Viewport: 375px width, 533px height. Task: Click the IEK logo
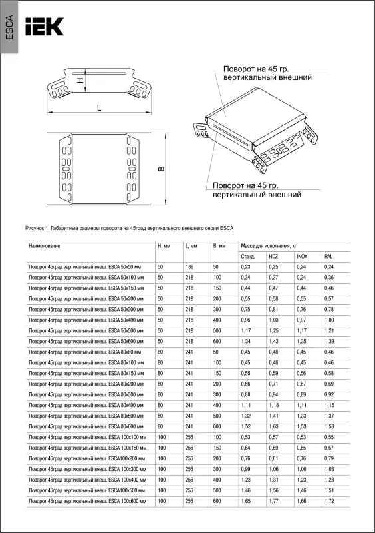[45, 27]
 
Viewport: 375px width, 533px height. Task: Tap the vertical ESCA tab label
[9, 27]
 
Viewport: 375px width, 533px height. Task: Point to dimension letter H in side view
[80, 81]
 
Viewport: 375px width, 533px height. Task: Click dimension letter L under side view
[99, 108]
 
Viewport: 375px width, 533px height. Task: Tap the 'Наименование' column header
[45, 246]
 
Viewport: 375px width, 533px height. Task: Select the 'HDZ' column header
[273, 257]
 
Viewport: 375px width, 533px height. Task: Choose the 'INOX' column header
[302, 257]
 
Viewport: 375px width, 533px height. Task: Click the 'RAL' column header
[328, 257]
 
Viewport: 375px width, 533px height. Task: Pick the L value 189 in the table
[189, 267]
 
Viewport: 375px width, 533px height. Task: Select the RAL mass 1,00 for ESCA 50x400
[329, 320]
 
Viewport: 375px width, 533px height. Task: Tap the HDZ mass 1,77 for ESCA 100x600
[273, 501]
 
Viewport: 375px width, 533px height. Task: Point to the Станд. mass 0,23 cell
[246, 267]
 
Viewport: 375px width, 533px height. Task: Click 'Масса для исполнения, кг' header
[269, 246]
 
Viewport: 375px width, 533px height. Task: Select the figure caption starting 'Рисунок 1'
[129, 228]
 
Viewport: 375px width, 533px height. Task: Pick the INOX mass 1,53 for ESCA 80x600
[301, 426]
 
